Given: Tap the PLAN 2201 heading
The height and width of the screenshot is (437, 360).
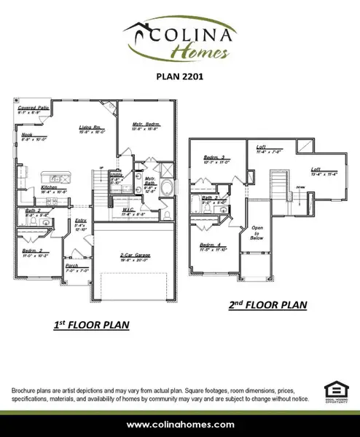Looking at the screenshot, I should click(x=180, y=74).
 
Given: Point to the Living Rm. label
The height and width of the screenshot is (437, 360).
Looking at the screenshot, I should click(x=90, y=128).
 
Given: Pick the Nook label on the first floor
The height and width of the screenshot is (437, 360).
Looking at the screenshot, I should click(x=26, y=135).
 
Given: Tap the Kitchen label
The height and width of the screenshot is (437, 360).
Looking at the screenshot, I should click(x=50, y=187).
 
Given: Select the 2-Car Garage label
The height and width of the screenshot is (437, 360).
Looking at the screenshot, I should click(x=136, y=256).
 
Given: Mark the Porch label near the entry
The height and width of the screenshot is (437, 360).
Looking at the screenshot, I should click(x=71, y=267).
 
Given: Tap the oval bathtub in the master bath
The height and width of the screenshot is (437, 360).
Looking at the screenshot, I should click(x=167, y=189).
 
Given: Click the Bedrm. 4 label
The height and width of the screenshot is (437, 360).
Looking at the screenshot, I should click(x=212, y=245).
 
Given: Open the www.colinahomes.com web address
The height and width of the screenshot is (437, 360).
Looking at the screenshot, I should click(x=180, y=424).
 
